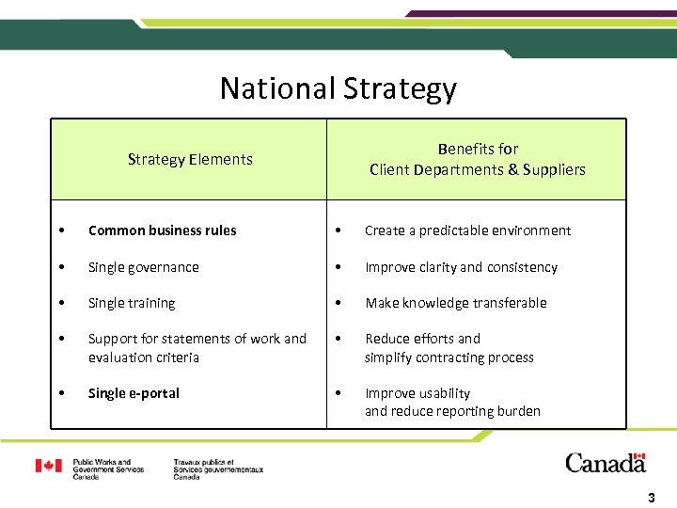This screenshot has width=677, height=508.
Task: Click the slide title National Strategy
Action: click(338, 88)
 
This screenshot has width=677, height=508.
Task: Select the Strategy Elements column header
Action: click(190, 160)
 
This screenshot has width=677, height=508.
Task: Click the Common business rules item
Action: click(162, 230)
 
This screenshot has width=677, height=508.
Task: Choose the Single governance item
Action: click(143, 267)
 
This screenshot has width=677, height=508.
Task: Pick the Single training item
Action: click(132, 303)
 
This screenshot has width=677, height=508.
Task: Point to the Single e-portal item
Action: click(134, 393)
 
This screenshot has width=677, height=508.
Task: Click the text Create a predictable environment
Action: click(467, 230)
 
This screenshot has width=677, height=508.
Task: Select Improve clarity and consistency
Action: click(461, 267)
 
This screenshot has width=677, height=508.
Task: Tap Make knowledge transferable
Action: click(455, 303)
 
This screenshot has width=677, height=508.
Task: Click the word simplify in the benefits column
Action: click(390, 357)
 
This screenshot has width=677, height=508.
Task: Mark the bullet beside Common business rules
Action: click(60, 230)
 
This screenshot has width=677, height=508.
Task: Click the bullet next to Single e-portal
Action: click(60, 393)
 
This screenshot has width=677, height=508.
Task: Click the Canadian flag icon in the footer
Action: click(50, 466)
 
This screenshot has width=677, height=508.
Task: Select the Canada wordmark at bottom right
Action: click(606, 463)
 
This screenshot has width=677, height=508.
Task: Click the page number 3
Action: click(651, 497)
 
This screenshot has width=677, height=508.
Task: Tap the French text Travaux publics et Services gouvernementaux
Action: click(218, 469)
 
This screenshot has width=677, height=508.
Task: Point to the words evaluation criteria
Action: click(144, 357)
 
